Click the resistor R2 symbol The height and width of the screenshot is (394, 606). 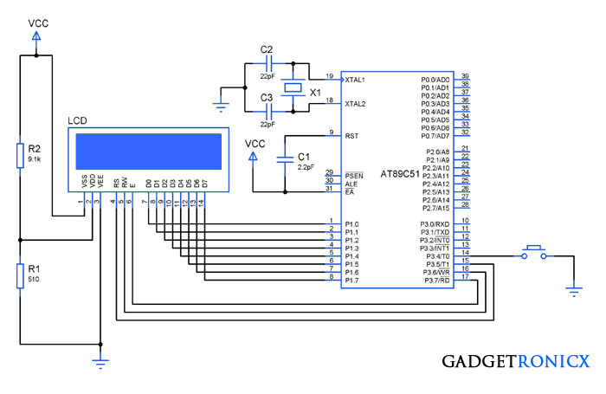tap(20, 155)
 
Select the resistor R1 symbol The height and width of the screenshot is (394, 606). tap(20, 275)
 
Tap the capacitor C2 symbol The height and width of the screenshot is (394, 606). tap(269, 63)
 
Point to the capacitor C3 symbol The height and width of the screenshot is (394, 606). tap(269, 112)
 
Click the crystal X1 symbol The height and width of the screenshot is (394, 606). tap(293, 87)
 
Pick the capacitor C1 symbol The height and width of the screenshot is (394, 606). tap(285, 160)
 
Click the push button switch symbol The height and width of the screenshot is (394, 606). tap(534, 253)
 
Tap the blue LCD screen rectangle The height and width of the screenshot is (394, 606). tap(149, 152)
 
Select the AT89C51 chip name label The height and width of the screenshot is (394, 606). tap(400, 174)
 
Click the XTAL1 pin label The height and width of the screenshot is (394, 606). tap(355, 80)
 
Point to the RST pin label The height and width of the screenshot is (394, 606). tap(351, 136)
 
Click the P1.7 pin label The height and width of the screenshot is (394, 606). tap(351, 281)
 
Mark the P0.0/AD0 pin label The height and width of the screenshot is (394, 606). tap(435, 80)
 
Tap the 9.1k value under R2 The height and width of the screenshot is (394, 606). tap(35, 159)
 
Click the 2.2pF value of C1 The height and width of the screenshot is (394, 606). tap(306, 167)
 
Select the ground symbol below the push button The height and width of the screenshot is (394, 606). tap(574, 292)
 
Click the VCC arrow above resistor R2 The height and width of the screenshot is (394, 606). tap(36, 36)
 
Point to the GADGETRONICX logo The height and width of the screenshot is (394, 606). tap(516, 361)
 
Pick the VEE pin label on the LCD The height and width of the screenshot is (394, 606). tap(100, 181)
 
